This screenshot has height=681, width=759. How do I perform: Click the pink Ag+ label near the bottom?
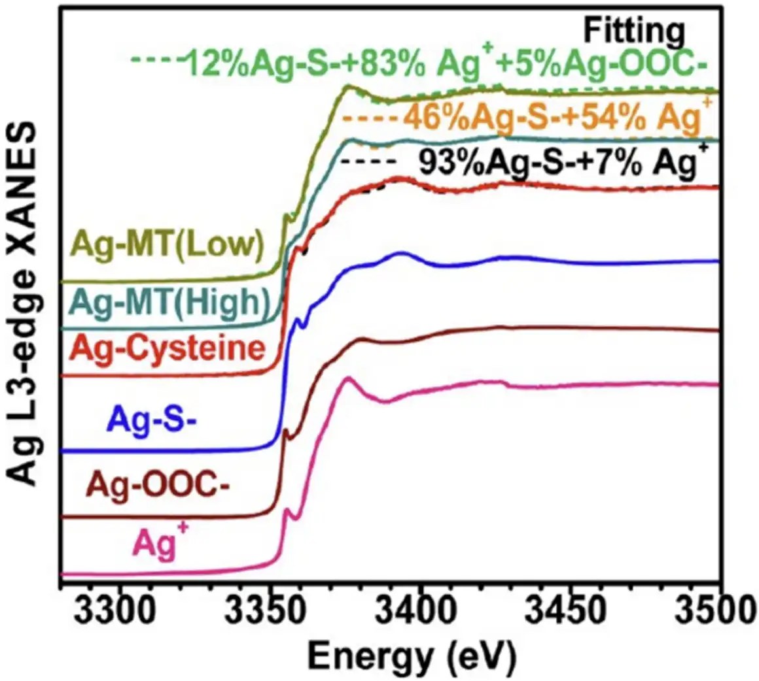155,543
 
